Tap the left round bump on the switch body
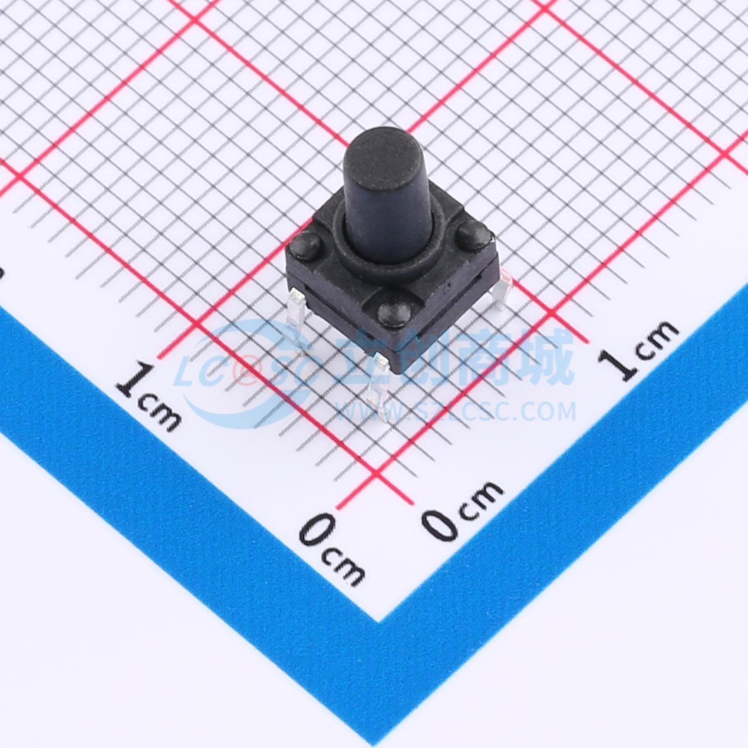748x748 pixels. click(305, 244)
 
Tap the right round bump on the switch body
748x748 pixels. click(473, 235)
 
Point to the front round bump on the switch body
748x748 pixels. click(394, 312)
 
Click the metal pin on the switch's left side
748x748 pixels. click(298, 318)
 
